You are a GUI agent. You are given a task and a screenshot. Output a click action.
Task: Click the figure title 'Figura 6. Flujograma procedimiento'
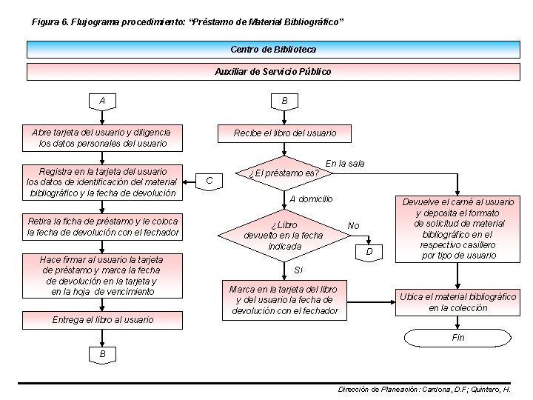pyautogui.click(x=187, y=22)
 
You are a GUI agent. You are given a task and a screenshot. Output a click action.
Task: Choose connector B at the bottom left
pyautogui.click(x=102, y=355)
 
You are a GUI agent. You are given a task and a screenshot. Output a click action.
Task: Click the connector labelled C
pyautogui.click(x=209, y=180)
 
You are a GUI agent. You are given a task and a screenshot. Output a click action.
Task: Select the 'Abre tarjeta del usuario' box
pyautogui.click(x=102, y=138)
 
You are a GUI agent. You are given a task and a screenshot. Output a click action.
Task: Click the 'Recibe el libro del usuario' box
pyautogui.click(x=284, y=133)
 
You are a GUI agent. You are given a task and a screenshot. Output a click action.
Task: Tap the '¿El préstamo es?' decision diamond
pyautogui.click(x=284, y=173)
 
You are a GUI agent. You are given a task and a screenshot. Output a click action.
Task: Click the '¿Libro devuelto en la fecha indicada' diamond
pyautogui.click(x=285, y=236)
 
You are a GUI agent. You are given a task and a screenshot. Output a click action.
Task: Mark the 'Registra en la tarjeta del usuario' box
pyautogui.click(x=102, y=181)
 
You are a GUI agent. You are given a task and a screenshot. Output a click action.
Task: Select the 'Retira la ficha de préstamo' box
pyautogui.click(x=102, y=227)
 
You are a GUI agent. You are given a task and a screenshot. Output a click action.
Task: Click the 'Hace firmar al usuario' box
pyautogui.click(x=102, y=276)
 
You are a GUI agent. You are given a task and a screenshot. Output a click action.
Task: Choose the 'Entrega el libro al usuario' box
pyautogui.click(x=102, y=319)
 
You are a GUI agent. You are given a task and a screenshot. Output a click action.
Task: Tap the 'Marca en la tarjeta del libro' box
pyautogui.click(x=284, y=299)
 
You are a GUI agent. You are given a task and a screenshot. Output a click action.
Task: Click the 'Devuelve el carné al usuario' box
pyautogui.click(x=458, y=229)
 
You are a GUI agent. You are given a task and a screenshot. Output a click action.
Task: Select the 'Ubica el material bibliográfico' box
pyautogui.click(x=458, y=302)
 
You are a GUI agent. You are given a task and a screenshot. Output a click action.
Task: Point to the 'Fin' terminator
pyautogui.click(x=458, y=338)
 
